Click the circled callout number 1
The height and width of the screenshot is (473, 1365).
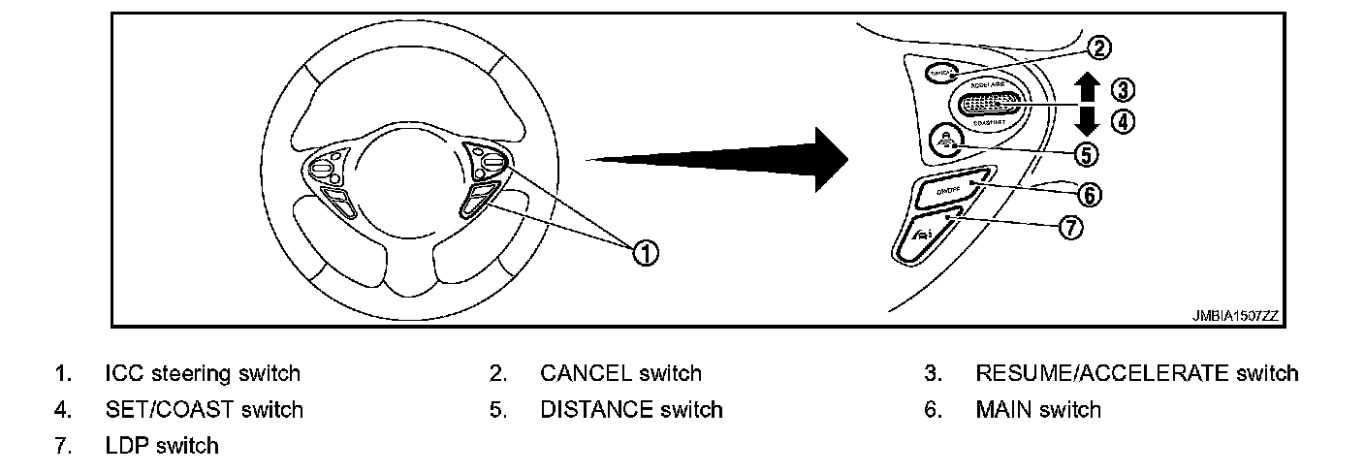[x=645, y=253]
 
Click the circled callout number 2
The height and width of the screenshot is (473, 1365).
[x=1098, y=47]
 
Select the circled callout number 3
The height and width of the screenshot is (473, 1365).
[x=1122, y=90]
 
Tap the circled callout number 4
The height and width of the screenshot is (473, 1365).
[x=1122, y=122]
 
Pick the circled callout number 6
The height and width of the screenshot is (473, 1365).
[x=1090, y=195]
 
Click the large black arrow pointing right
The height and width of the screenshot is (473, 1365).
[x=717, y=159]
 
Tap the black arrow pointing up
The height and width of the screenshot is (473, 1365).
[x=1088, y=88]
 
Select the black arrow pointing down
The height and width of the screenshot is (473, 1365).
[x=1088, y=121]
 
